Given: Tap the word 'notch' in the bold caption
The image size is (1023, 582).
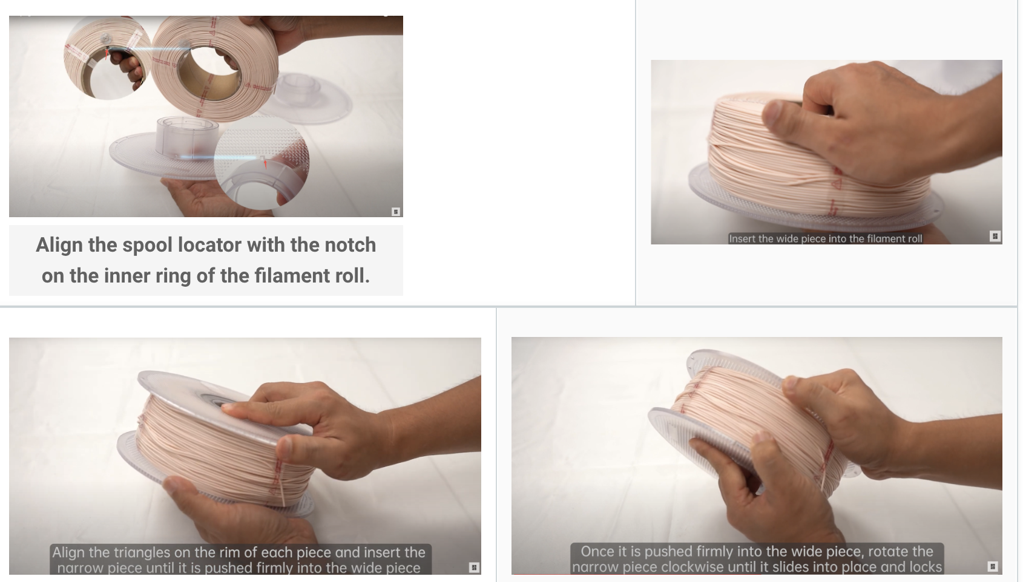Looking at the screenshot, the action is [350, 245].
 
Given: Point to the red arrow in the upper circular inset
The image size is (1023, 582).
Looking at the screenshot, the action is [107, 54].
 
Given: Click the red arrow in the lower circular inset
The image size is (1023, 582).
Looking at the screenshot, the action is [265, 163].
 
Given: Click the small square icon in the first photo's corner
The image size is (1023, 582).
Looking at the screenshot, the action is [395, 211].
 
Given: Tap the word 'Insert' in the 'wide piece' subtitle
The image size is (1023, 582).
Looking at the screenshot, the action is [742, 239].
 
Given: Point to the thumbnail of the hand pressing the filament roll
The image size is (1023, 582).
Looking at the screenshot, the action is [826, 152].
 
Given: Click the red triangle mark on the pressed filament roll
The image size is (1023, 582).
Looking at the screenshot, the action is [837, 183].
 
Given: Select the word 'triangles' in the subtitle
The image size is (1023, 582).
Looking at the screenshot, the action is [139, 552].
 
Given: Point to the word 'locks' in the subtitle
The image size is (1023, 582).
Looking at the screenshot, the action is [926, 567].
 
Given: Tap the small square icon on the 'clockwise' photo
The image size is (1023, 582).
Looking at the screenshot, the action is [992, 566].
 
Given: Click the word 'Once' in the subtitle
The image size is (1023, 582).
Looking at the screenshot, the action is [596, 551].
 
